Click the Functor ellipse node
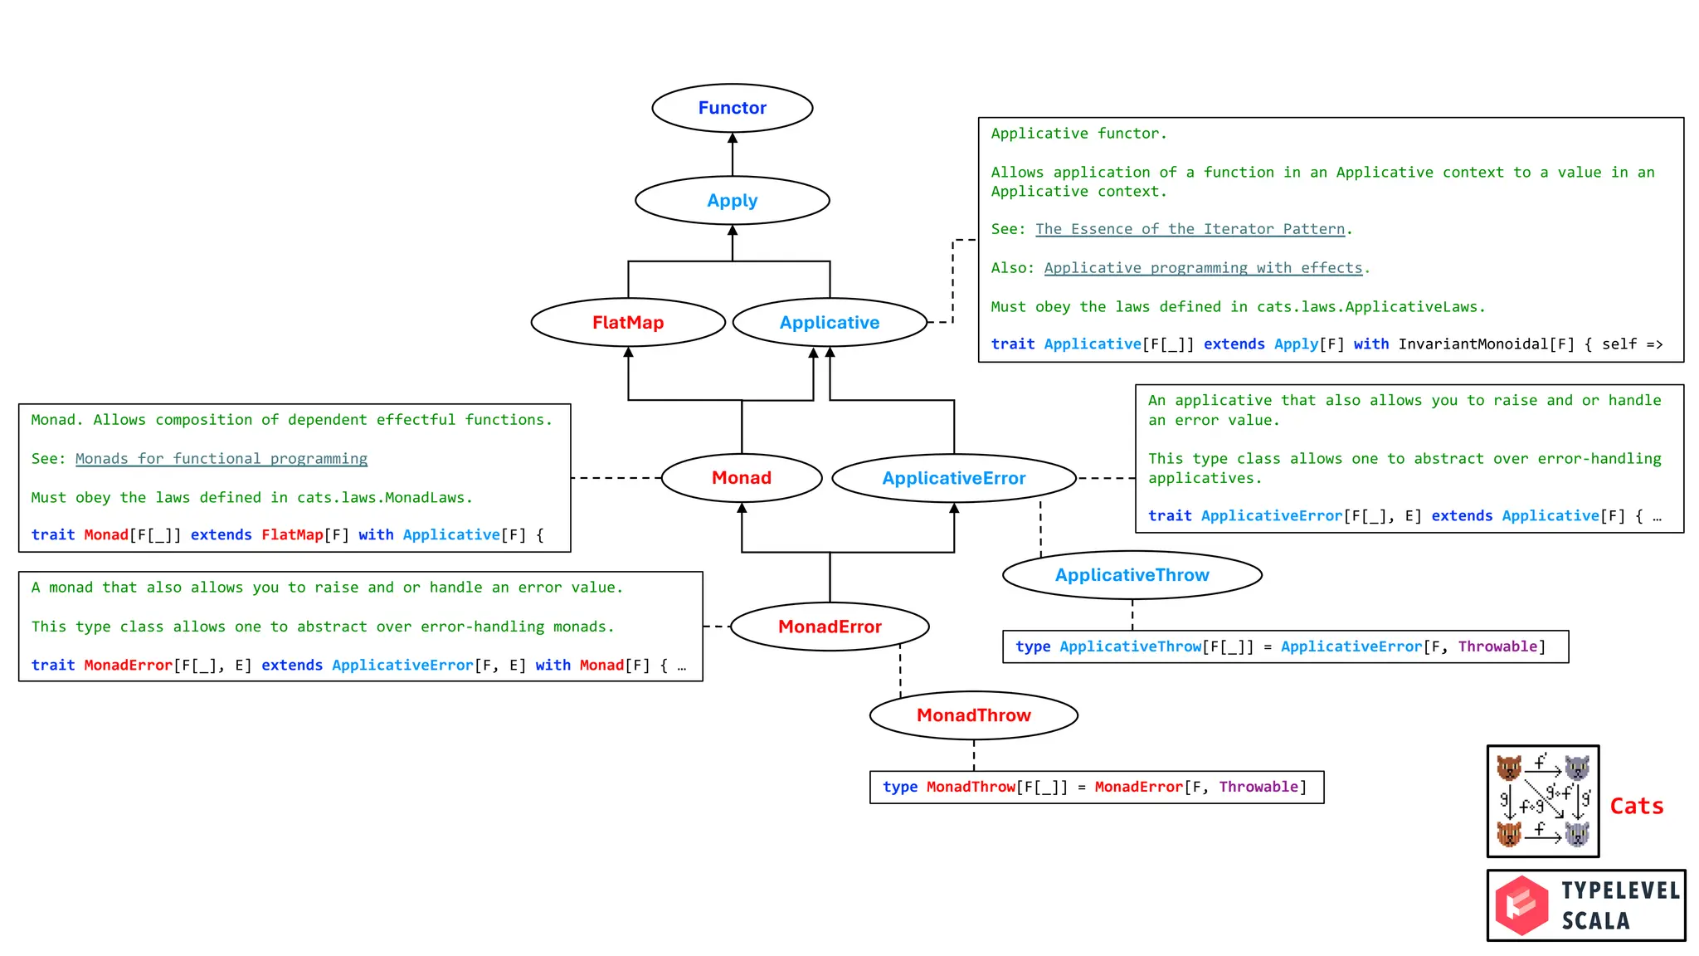(732, 108)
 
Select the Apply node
(732, 201)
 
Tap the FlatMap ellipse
(628, 323)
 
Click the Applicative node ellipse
(830, 323)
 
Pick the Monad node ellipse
(742, 478)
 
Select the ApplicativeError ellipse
(953, 478)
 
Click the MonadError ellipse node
(830, 627)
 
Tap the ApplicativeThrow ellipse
(1132, 575)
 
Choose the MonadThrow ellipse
(973, 715)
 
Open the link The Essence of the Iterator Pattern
(1190, 229)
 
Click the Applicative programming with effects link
(1203, 268)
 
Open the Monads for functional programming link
(221, 459)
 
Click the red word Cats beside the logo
(1636, 806)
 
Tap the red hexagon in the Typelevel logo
(1521, 905)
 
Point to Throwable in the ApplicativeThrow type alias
(1497, 646)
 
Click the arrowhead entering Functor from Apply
(733, 139)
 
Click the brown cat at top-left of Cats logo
(1509, 767)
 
